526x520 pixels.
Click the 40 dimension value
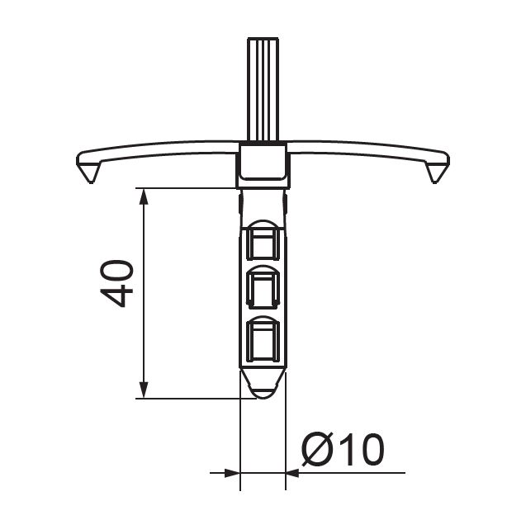click(116, 283)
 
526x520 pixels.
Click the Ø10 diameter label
click(343, 449)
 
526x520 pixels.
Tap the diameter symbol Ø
click(318, 449)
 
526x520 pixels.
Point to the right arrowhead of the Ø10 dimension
click(293, 473)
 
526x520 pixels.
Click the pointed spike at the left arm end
click(90, 173)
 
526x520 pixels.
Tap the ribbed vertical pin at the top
click(263, 89)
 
